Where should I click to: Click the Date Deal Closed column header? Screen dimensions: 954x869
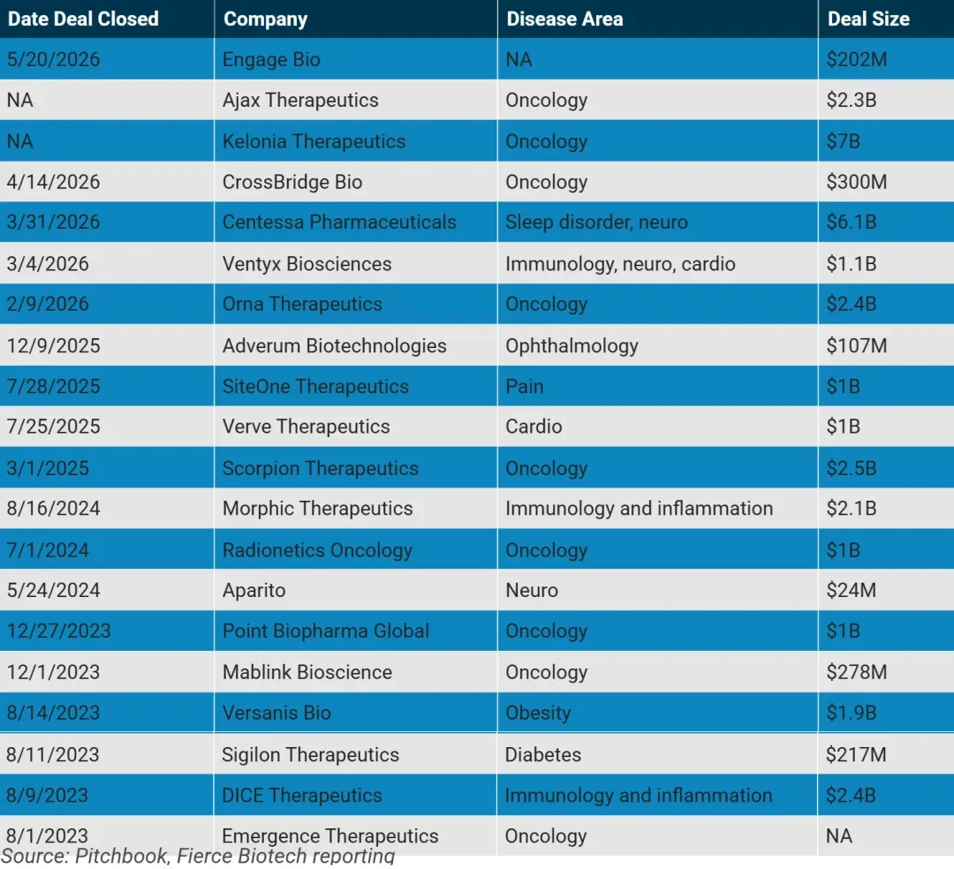pos(83,19)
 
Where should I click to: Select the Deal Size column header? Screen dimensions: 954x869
pos(868,19)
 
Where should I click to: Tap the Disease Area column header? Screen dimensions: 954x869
pos(564,19)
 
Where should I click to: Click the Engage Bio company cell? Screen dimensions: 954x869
pos(271,59)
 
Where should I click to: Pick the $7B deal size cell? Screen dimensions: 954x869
pos(844,141)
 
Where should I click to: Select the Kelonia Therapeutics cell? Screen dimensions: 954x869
pos(314,141)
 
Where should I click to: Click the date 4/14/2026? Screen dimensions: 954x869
pos(54,182)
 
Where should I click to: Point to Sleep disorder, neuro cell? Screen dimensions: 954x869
pos(596,222)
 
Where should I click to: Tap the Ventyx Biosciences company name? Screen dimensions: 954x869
pos(307,264)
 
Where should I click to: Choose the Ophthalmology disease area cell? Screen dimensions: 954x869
pos(572,346)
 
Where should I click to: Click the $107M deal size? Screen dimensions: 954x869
pos(857,346)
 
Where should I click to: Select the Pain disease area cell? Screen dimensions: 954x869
pos(525,386)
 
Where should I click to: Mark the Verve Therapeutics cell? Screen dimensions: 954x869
pos(306,427)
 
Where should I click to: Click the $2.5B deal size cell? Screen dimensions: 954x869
pos(852,468)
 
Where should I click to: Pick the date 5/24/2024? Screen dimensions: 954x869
pos(54,591)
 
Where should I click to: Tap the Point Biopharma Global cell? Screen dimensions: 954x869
pos(326,631)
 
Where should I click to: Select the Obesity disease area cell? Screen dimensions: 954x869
pos(539,713)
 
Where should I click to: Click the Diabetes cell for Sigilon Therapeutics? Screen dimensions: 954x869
pos(543,755)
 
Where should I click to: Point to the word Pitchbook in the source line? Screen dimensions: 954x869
pos(122,856)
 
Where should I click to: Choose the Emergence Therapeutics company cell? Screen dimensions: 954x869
pos(330,836)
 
